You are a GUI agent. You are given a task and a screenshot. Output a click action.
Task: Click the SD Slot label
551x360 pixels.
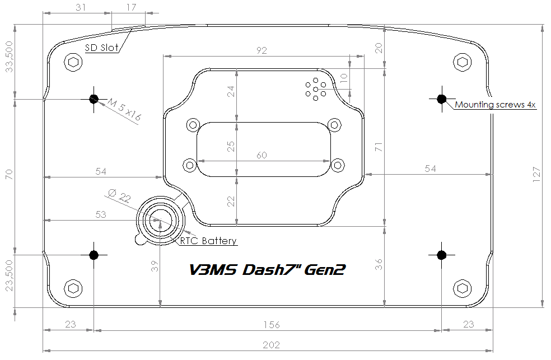102,48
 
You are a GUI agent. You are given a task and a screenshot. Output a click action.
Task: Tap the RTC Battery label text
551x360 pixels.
208,241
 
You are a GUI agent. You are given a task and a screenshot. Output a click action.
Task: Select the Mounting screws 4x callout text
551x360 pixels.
495,104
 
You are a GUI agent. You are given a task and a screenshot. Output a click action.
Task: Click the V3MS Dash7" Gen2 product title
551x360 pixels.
268,269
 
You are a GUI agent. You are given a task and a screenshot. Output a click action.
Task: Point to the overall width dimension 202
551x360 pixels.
271,345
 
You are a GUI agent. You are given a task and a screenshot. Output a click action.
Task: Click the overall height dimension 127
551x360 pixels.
536,175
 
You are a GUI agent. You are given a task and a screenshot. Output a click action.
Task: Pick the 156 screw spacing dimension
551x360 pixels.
272,325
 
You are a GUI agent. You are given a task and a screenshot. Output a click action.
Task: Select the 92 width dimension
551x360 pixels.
262,50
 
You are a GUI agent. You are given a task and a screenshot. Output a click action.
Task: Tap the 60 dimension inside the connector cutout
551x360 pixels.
262,155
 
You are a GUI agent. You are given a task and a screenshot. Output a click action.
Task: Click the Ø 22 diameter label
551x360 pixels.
119,195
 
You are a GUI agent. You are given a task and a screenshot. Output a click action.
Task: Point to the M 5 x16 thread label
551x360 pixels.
124,110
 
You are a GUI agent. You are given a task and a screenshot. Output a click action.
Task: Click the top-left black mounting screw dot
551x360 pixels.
94,99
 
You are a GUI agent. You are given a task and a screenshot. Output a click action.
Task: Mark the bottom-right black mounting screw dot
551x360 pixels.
442,255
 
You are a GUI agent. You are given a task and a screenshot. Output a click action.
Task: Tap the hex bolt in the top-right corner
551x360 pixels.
462,63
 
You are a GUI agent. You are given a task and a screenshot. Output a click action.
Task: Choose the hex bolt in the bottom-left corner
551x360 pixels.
73,288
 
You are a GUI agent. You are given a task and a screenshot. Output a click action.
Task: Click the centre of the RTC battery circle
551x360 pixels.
160,221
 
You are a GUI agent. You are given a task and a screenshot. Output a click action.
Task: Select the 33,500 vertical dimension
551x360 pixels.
9,57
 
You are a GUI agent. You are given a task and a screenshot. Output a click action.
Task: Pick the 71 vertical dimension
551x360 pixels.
378,147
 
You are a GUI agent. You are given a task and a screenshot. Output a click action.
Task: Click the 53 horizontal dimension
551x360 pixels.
100,214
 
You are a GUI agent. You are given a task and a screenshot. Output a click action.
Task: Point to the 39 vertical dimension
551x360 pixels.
155,267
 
